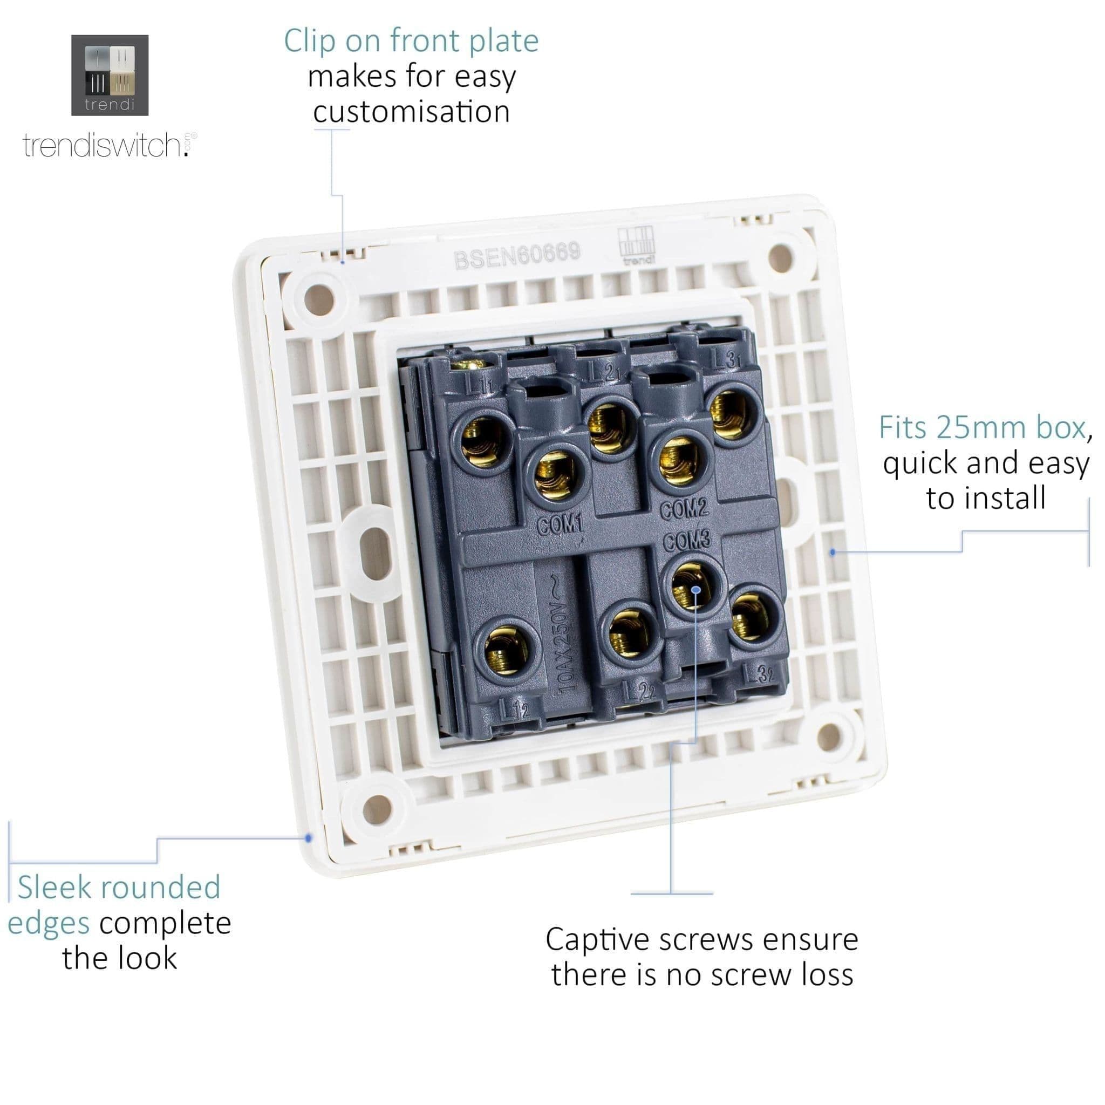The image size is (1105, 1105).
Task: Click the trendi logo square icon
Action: pyautogui.click(x=110, y=75)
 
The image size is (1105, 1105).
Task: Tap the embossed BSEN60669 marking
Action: pyautogui.click(x=517, y=255)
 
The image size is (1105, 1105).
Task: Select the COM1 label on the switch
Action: pyautogui.click(x=560, y=524)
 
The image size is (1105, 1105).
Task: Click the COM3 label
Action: pyautogui.click(x=687, y=541)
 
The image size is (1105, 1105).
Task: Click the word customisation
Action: pyautogui.click(x=411, y=112)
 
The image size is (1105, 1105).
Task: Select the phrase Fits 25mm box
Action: pyautogui.click(x=981, y=428)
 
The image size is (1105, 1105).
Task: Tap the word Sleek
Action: pyautogui.click(x=54, y=888)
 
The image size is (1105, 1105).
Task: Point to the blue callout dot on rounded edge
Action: pyautogui.click(x=309, y=838)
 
